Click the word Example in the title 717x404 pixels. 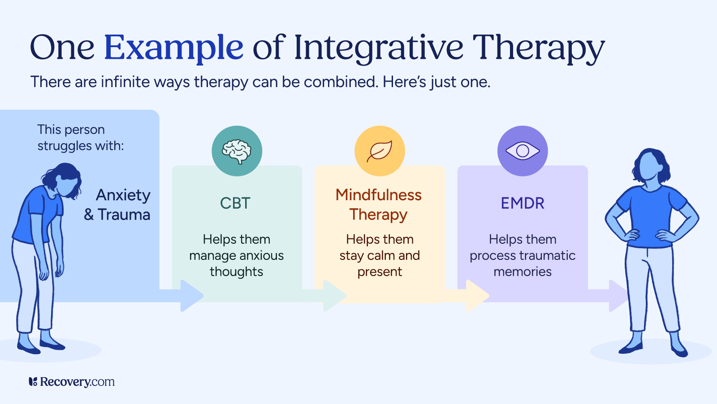click(x=173, y=48)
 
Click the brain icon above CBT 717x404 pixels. click(x=237, y=151)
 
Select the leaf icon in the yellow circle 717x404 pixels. click(x=380, y=151)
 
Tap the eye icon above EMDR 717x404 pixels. click(x=523, y=151)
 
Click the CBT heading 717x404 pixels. click(x=235, y=203)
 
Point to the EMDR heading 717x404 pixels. click(x=523, y=203)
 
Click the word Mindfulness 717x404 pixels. click(x=379, y=195)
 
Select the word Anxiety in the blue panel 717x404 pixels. click(x=123, y=195)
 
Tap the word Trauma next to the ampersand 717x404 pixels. click(x=124, y=215)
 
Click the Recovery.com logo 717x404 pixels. click(x=72, y=382)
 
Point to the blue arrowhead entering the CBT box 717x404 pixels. click(x=192, y=295)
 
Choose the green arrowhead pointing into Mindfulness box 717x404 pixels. click(x=334, y=295)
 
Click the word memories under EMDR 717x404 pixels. click(x=523, y=272)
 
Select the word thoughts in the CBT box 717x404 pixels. click(x=236, y=272)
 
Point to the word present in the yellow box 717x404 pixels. click(x=380, y=272)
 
